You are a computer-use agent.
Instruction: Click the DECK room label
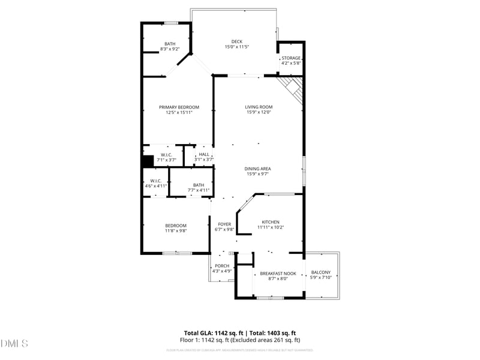click(236, 41)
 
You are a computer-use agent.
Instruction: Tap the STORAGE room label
click(291, 58)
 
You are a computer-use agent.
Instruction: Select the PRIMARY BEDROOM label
click(179, 107)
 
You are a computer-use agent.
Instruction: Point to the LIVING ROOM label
click(259, 107)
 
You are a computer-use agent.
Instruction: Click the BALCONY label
click(320, 272)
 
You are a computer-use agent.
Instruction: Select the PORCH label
click(222, 266)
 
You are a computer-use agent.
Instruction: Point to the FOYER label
click(224, 224)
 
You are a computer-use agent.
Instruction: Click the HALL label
click(205, 154)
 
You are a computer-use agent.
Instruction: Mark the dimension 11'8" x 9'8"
click(176, 230)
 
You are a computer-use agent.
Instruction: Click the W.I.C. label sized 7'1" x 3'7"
click(166, 155)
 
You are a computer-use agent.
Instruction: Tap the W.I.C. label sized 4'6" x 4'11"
click(155, 181)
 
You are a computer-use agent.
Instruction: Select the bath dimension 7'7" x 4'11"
click(199, 190)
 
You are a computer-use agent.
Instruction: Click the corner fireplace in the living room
click(293, 86)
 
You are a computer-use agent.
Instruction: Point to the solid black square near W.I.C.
click(148, 161)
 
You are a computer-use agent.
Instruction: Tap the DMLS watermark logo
click(14, 344)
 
